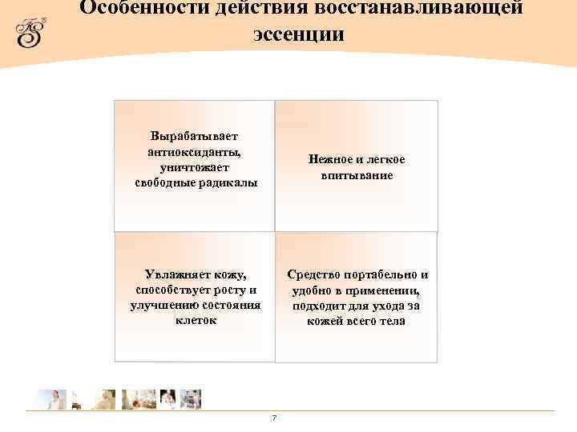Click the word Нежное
coord(329,159)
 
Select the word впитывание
coord(357,174)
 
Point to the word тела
coord(393,321)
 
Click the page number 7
coord(275,418)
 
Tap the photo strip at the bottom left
coord(119,399)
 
